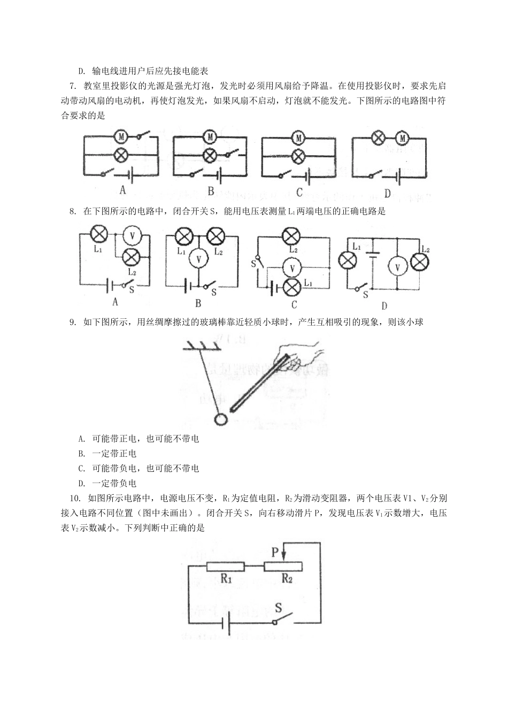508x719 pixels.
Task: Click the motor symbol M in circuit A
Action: pyautogui.click(x=121, y=137)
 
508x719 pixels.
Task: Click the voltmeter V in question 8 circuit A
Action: pyautogui.click(x=132, y=235)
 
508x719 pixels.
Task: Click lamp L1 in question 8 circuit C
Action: pyautogui.click(x=292, y=287)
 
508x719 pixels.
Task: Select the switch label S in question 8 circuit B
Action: pyautogui.click(x=213, y=292)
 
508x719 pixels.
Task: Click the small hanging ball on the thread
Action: pyautogui.click(x=221, y=419)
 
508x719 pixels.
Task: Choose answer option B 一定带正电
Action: pyautogui.click(x=107, y=454)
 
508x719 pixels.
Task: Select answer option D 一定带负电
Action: pyautogui.click(x=107, y=484)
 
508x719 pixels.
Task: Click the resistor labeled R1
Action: pyautogui.click(x=225, y=567)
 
